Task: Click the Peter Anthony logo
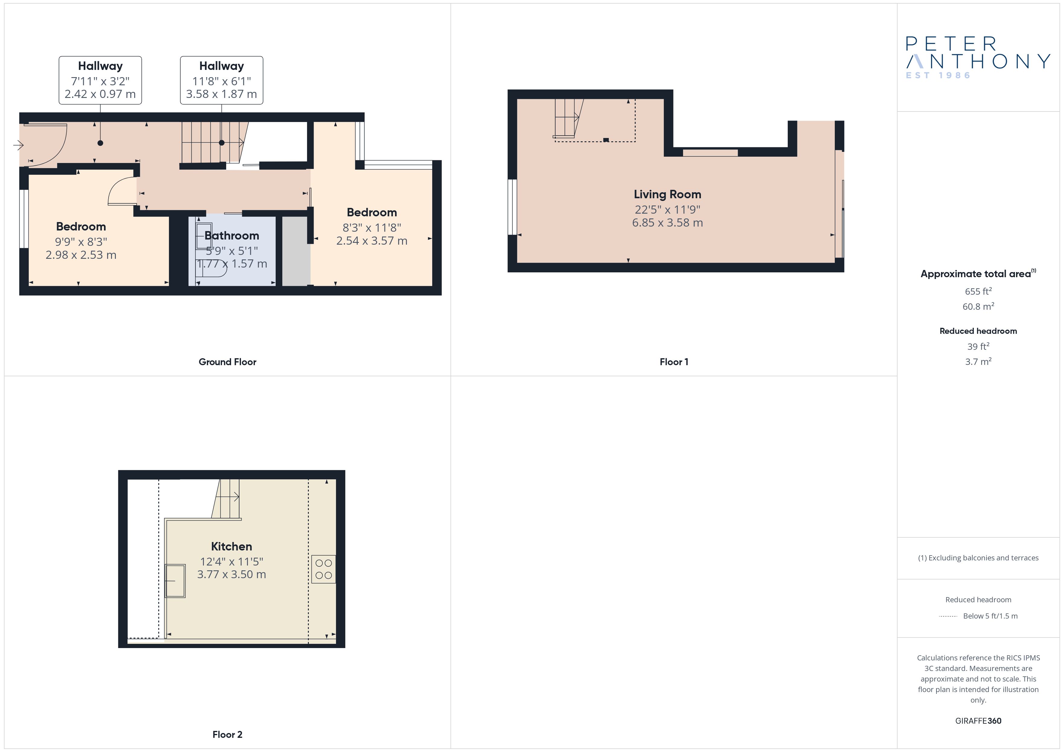tap(978, 58)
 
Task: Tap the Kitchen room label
tap(231, 547)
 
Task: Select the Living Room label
tap(667, 195)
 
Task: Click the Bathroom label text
tap(232, 236)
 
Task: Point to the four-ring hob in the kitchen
tap(324, 569)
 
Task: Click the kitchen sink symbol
tap(175, 581)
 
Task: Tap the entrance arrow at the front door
tap(18, 146)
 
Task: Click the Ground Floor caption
tap(227, 362)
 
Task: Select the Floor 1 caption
tap(674, 362)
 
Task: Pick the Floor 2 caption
tap(227, 735)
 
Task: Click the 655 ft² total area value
tap(978, 291)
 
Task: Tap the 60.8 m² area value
tap(978, 306)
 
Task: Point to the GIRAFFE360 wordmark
tap(978, 721)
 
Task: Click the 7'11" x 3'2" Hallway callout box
tap(100, 80)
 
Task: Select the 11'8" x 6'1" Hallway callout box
tap(221, 80)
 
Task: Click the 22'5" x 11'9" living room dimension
tap(667, 209)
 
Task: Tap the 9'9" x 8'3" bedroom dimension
tap(81, 242)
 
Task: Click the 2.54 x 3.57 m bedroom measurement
tap(372, 241)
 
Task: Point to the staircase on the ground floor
tap(213, 143)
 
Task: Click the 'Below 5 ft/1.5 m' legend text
tap(990, 616)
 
